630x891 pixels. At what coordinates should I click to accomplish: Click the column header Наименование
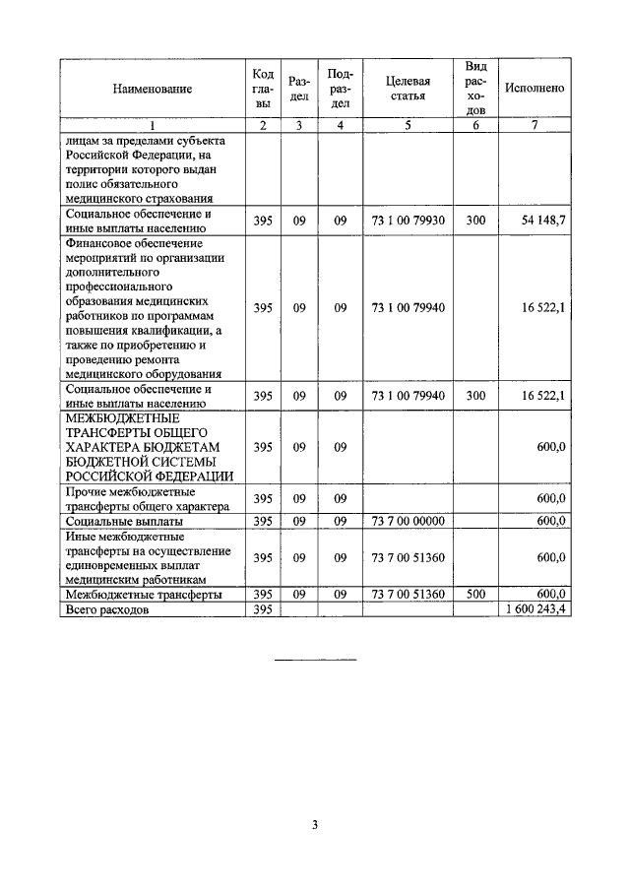coord(152,89)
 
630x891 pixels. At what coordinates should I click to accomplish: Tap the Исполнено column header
coord(534,89)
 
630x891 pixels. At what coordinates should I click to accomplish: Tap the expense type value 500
coord(476,595)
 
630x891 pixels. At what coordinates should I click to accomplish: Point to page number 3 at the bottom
coord(315,825)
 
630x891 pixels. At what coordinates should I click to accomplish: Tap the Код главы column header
coord(263,89)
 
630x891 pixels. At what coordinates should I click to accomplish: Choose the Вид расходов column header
coord(476,89)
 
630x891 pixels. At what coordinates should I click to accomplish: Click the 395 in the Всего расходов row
coord(263,610)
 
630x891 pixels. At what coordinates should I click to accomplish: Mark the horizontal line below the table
coord(314,659)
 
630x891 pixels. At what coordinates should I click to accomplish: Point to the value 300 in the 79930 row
coord(476,221)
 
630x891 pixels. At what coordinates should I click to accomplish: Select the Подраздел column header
coord(341,89)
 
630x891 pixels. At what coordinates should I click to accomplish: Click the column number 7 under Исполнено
coord(534,126)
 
